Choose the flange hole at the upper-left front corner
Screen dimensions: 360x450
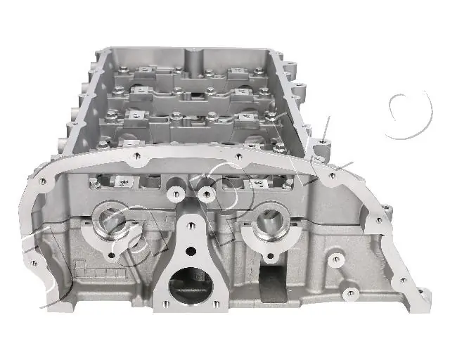pyautogui.click(x=42, y=181)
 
